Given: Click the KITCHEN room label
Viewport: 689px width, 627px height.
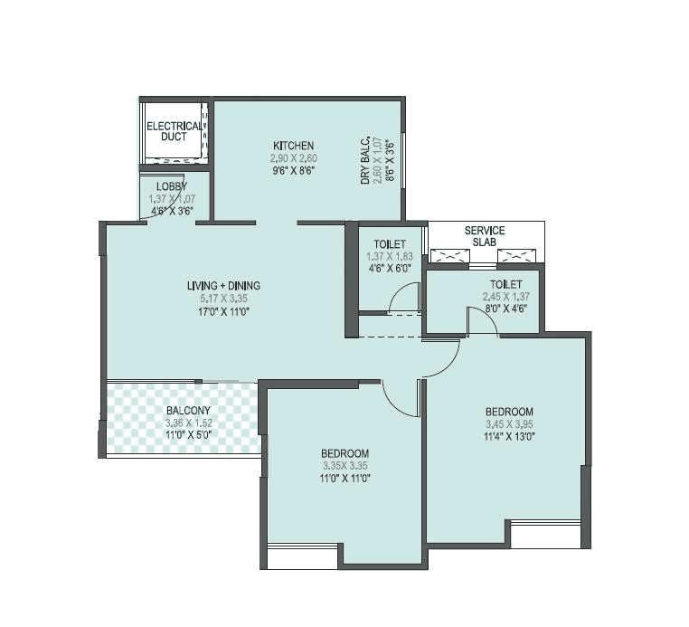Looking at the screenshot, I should [294, 145].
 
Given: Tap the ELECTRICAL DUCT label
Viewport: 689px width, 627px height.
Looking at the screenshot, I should [174, 131].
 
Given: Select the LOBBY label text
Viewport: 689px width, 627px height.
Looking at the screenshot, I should [171, 186].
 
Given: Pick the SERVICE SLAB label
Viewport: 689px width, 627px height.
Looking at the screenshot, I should [485, 236].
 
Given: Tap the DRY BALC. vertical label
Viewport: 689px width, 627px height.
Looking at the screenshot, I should [366, 161].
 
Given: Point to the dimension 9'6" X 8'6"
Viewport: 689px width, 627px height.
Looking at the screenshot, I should [294, 169].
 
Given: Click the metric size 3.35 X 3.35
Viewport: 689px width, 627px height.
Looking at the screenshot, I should [345, 465].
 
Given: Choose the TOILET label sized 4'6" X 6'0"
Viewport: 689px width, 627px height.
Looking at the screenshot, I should [389, 244].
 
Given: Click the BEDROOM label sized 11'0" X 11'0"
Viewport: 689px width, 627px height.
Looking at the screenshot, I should [345, 452].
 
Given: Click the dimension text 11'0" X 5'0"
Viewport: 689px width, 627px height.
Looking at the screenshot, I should [188, 434].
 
